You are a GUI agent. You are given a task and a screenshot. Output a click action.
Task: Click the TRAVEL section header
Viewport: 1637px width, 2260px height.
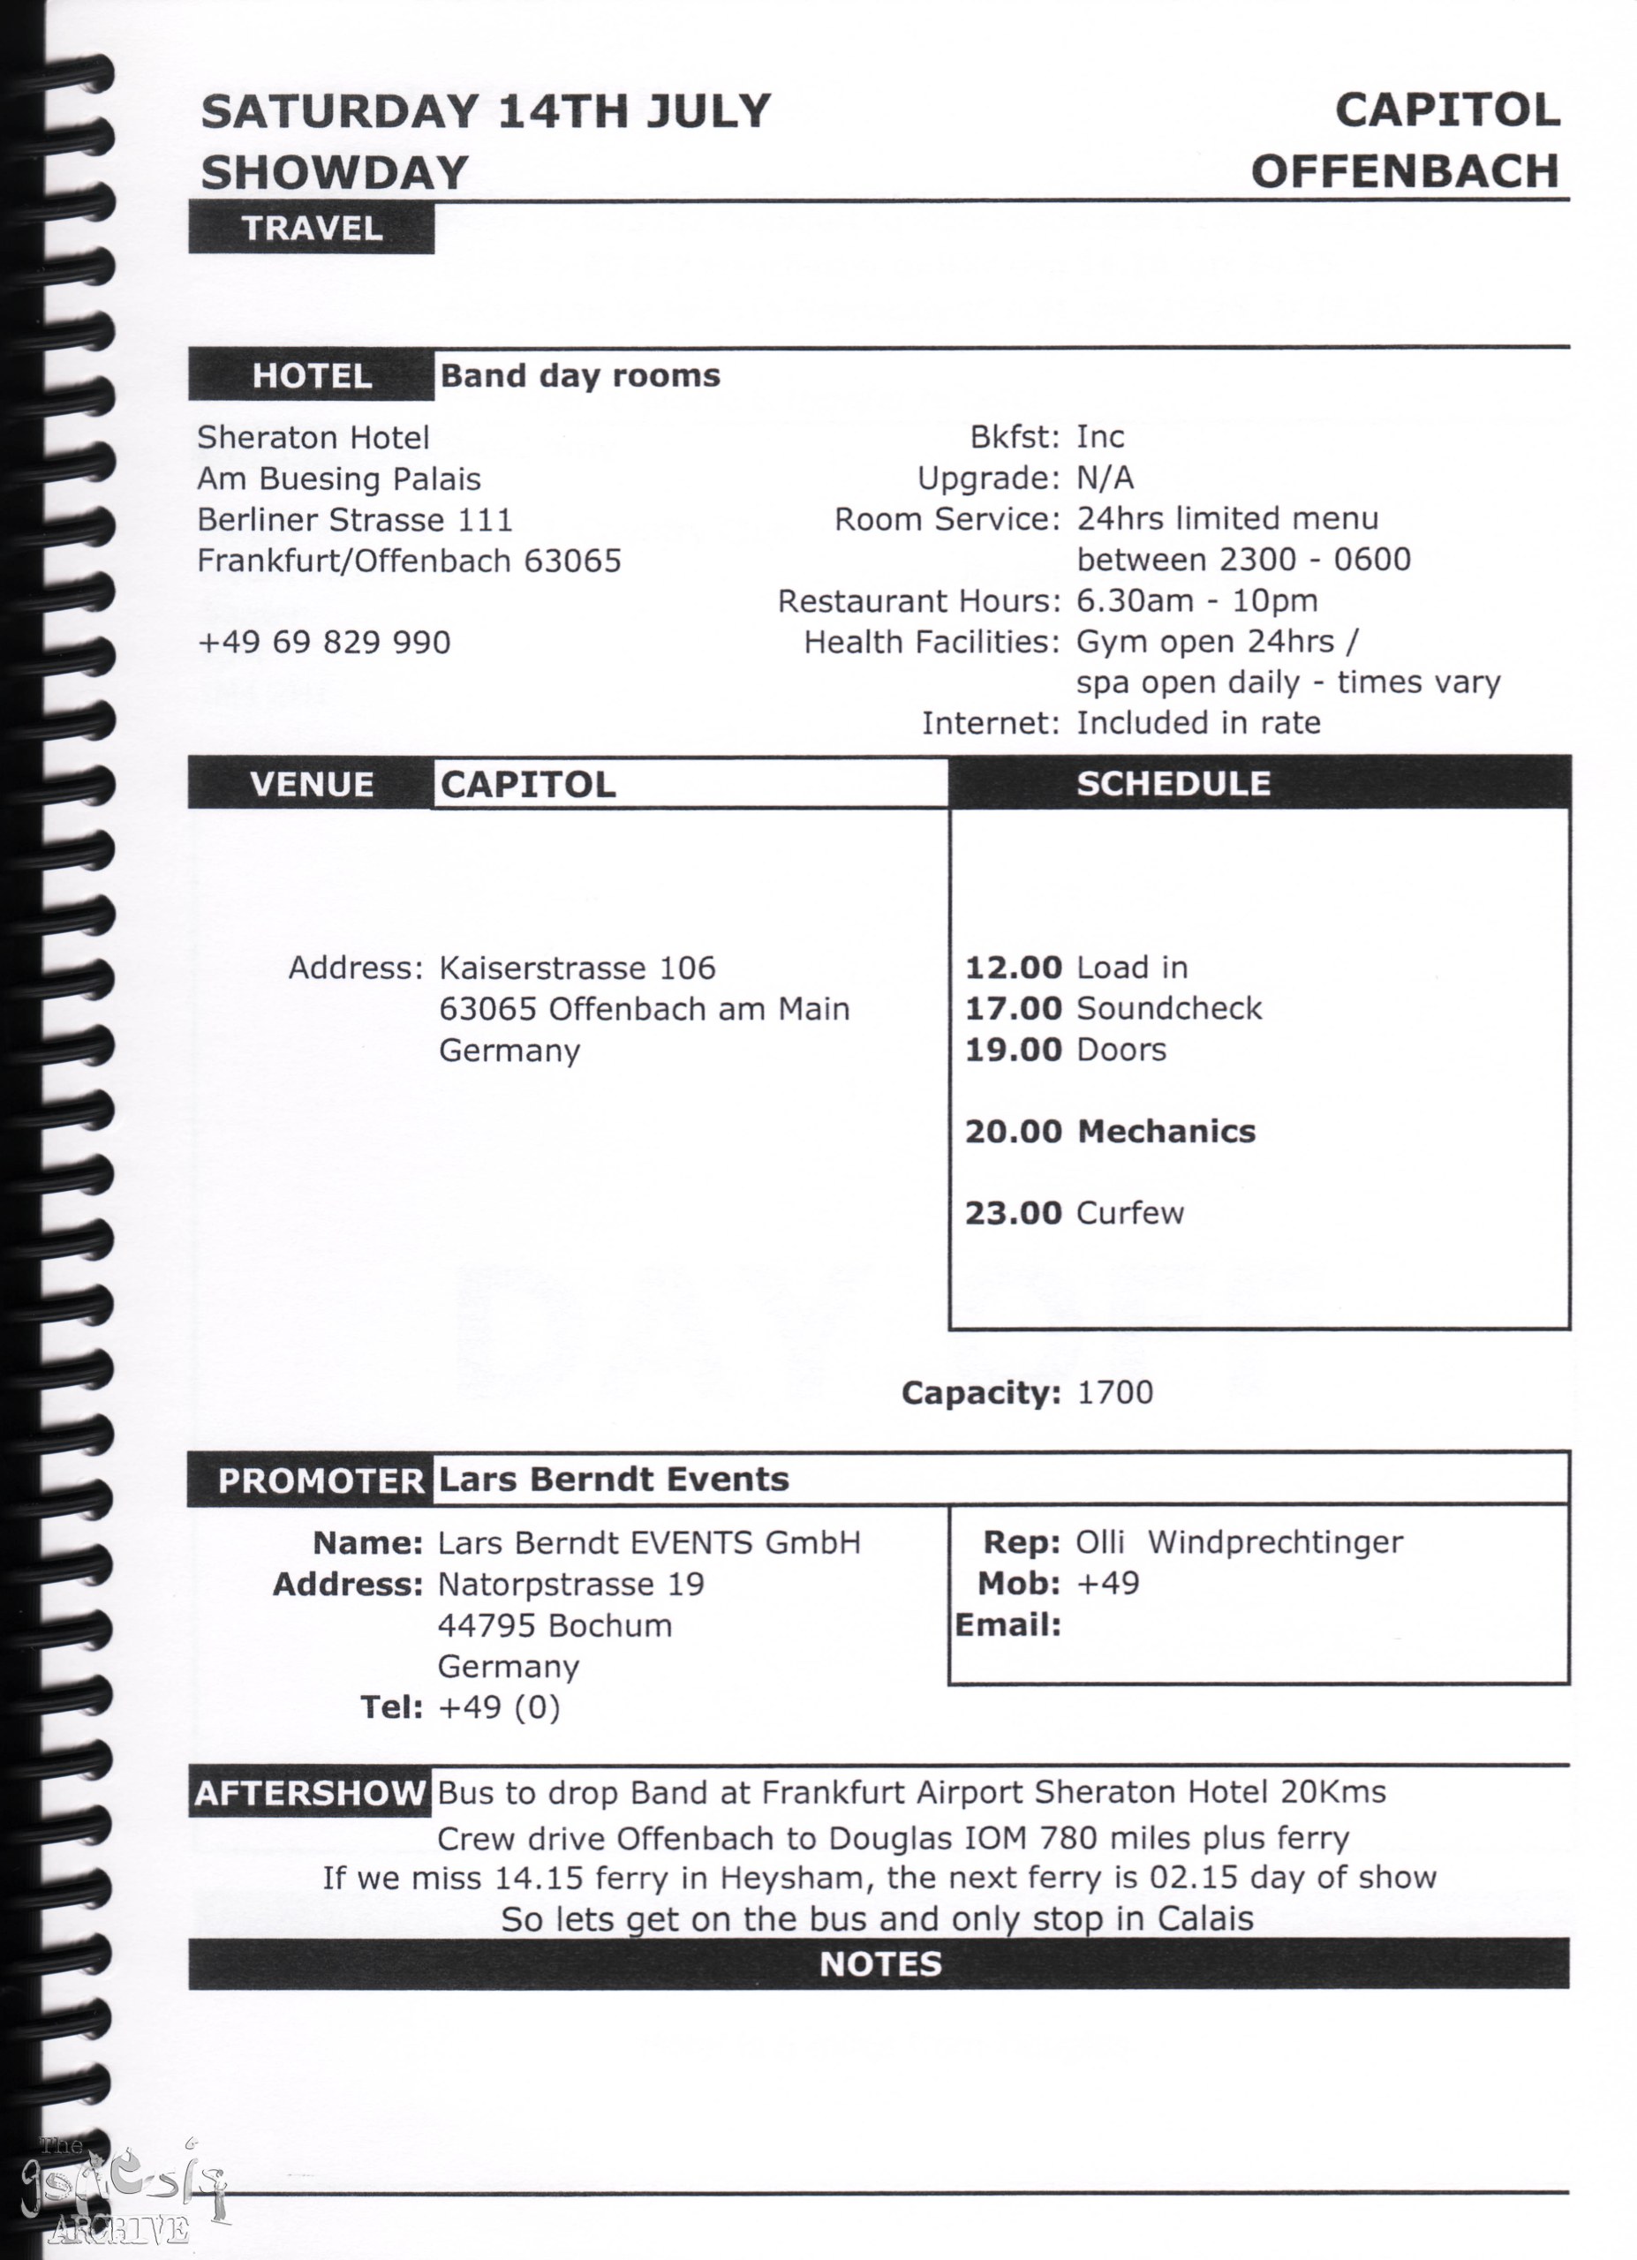pyautogui.click(x=312, y=228)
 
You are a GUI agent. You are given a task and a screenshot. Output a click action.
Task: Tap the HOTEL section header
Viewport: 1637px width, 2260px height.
pyautogui.click(x=312, y=376)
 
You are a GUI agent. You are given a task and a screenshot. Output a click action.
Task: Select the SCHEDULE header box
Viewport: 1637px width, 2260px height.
pyautogui.click(x=1173, y=783)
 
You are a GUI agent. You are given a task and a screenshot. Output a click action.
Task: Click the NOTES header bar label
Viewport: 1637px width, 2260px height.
pyautogui.click(x=879, y=1963)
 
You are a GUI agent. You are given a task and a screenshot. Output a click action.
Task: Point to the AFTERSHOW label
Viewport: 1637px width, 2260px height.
pyautogui.click(x=310, y=1794)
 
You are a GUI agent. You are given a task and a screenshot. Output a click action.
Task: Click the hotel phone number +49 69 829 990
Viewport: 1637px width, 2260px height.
pyautogui.click(x=324, y=642)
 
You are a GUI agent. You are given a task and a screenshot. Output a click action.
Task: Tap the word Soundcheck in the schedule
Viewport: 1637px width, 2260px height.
pyautogui.click(x=1169, y=1008)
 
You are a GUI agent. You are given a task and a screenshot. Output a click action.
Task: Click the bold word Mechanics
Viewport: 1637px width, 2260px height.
pyautogui.click(x=1166, y=1131)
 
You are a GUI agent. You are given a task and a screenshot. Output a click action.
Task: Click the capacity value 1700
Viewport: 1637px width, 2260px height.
pyautogui.click(x=1115, y=1392)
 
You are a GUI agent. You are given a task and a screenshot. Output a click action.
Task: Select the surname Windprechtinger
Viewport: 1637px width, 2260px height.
pyautogui.click(x=1274, y=1542)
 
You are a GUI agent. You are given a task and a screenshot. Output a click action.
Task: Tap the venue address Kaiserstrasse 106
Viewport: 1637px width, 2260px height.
pyautogui.click(x=577, y=968)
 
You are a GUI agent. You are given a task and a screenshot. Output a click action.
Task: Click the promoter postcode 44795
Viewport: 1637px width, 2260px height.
pyautogui.click(x=488, y=1625)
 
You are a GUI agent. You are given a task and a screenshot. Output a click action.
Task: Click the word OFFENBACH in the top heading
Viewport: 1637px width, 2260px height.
pyautogui.click(x=1405, y=171)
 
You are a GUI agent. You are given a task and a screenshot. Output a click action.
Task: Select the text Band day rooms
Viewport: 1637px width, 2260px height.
pyautogui.click(x=580, y=376)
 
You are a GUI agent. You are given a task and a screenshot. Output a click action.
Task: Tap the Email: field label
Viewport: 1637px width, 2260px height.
pyautogui.click(x=1008, y=1625)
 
